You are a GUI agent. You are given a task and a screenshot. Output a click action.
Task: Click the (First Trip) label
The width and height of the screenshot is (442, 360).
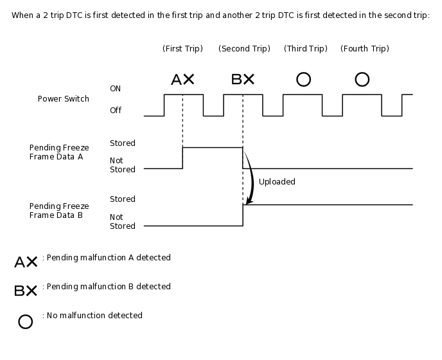(182, 49)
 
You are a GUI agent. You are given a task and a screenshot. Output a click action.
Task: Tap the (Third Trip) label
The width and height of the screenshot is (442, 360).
(305, 49)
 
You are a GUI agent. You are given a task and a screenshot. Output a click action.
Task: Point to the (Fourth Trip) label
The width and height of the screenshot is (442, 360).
(364, 49)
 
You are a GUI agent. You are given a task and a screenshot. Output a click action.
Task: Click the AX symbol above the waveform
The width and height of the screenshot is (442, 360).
(182, 80)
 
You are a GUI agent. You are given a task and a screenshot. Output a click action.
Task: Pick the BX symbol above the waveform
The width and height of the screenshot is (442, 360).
(243, 80)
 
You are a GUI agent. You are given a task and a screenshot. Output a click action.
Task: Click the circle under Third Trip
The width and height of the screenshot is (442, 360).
(303, 80)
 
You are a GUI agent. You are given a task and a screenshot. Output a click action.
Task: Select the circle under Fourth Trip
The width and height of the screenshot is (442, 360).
(362, 80)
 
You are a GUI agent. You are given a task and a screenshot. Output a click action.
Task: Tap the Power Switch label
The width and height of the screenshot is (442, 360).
(64, 99)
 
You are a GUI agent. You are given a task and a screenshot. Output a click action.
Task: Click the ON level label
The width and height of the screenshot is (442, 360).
(115, 89)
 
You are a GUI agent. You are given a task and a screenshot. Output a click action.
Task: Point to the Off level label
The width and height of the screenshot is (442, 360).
(116, 111)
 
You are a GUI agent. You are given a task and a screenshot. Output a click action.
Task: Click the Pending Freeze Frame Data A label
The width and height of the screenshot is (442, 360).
(59, 152)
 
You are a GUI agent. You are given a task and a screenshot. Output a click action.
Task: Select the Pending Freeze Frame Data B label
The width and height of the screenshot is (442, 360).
(59, 211)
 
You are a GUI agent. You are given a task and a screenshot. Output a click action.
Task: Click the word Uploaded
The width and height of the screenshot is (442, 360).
(277, 182)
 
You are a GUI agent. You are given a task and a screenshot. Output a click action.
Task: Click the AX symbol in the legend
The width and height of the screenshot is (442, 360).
(26, 262)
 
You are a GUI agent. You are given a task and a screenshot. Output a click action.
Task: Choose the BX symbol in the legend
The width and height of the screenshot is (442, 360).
(26, 291)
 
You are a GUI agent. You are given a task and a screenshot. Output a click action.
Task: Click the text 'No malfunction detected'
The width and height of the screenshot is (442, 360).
(93, 316)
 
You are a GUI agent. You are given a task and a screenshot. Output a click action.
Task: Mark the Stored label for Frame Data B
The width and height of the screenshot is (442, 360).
(123, 199)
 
